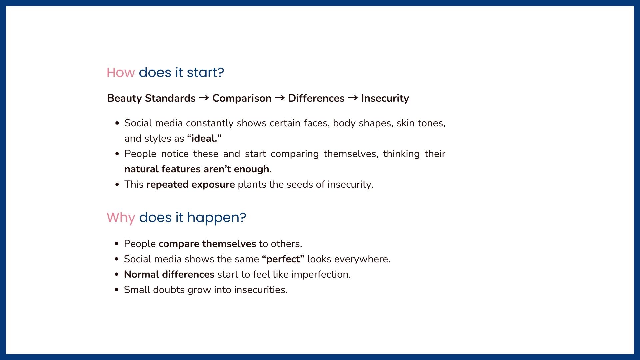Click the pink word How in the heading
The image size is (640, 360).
click(121, 72)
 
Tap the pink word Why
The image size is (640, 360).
click(121, 217)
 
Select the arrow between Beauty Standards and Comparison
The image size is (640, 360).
click(204, 98)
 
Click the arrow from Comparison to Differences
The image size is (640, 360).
click(280, 98)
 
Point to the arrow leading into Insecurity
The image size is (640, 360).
click(353, 98)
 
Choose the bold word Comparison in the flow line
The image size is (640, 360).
click(242, 98)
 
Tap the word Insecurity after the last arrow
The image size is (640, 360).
click(385, 98)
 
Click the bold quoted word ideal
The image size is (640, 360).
click(204, 138)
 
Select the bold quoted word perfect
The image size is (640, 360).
click(283, 259)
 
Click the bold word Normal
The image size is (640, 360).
click(142, 274)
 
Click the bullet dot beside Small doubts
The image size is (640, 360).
click(116, 290)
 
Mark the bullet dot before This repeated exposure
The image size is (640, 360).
click(117, 184)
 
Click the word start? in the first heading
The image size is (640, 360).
click(205, 72)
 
